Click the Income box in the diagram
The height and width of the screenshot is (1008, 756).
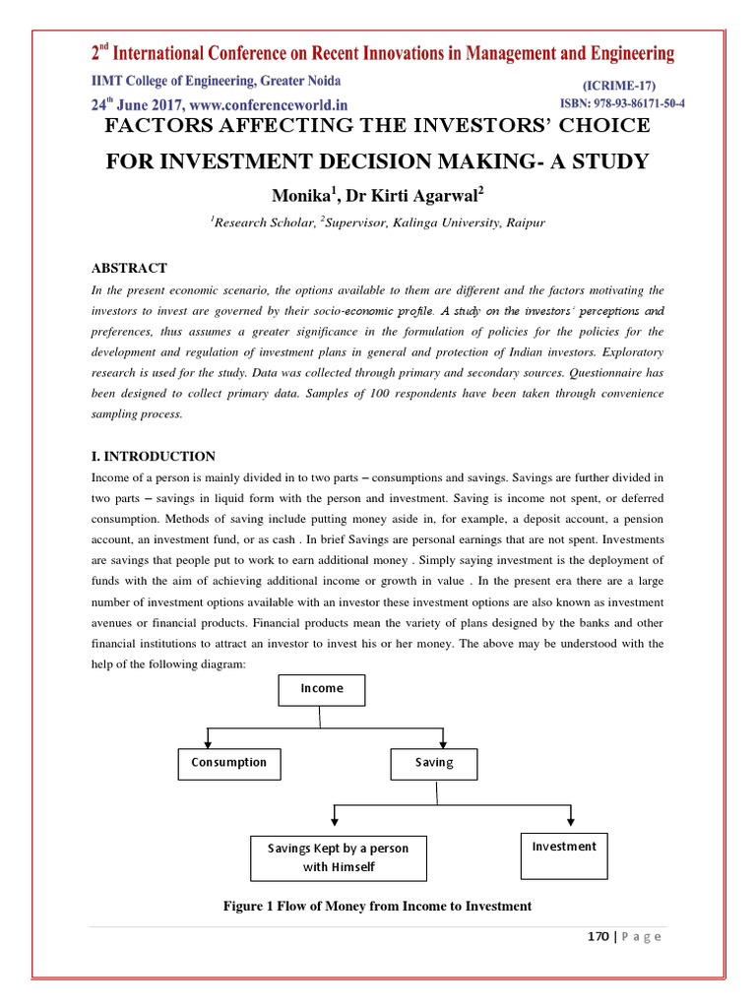322,689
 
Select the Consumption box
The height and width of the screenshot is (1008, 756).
229,763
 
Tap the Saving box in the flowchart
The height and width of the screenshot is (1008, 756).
434,763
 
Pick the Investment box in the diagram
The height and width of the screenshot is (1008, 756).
564,847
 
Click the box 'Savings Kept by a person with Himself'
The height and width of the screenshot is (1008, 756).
338,857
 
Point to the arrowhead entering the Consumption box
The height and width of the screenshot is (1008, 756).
207,743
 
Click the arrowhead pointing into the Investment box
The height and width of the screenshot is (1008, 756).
568,825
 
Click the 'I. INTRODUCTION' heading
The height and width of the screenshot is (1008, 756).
153,457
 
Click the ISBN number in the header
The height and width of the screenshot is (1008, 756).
622,103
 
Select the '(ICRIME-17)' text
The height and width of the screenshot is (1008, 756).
619,86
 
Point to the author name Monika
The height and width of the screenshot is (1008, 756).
299,196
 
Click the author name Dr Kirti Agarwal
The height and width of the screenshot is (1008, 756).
401,196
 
